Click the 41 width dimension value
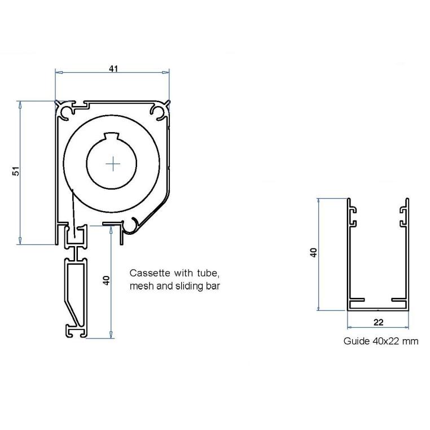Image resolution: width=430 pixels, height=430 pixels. (x=113, y=68)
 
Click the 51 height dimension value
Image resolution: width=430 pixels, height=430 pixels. (x=16, y=171)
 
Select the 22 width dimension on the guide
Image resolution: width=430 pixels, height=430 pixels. (x=379, y=322)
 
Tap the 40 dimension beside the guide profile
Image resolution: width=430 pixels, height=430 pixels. (x=314, y=252)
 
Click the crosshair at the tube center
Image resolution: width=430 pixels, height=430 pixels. (x=113, y=164)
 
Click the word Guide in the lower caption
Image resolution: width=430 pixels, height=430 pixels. (x=355, y=341)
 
